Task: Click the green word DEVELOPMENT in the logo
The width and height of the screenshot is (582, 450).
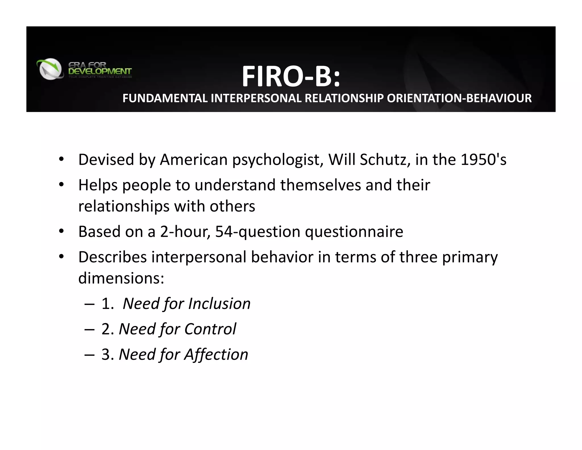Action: click(100, 71)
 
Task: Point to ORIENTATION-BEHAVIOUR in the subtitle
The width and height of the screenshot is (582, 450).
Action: click(459, 98)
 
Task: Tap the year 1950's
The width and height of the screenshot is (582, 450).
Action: click(483, 160)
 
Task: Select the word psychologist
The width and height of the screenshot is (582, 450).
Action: click(278, 160)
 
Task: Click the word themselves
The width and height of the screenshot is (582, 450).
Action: click(320, 185)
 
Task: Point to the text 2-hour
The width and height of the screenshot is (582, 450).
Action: click(185, 232)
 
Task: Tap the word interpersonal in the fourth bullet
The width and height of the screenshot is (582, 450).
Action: click(199, 257)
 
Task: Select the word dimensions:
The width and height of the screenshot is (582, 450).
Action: click(121, 278)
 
